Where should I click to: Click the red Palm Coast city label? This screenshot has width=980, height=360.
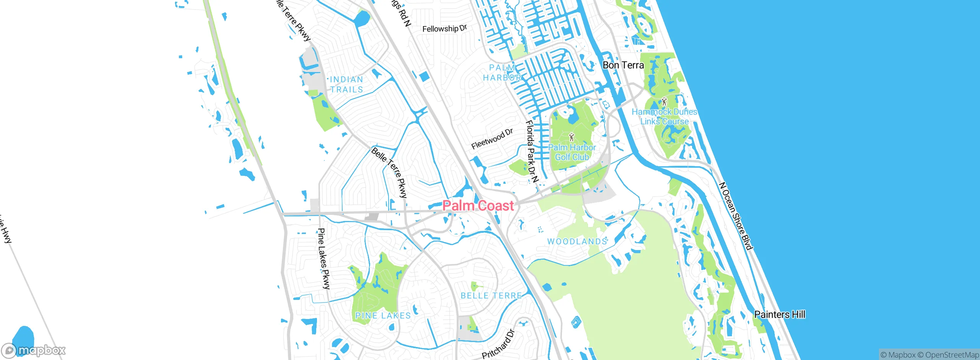(478, 206)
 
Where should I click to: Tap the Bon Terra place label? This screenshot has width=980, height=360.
(623, 65)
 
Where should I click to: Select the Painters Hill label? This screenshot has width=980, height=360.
(779, 314)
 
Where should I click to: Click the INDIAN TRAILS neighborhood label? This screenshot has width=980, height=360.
(346, 84)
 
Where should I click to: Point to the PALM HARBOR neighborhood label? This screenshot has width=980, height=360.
(502, 73)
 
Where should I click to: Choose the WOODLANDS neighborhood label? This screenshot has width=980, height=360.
(577, 242)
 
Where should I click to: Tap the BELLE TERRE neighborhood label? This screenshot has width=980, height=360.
(491, 296)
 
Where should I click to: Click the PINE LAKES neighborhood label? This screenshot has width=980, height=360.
(383, 316)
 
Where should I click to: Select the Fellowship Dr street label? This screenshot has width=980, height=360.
(444, 29)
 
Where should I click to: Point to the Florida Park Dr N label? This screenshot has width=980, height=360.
(532, 151)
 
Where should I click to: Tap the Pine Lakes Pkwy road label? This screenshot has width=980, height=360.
(323, 259)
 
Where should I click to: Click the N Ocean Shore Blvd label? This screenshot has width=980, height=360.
(736, 216)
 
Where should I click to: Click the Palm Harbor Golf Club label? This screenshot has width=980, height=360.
(572, 152)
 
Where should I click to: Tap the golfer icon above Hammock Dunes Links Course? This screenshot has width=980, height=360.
(664, 102)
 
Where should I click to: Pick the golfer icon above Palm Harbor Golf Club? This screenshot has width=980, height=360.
(572, 137)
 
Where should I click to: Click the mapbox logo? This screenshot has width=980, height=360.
(34, 350)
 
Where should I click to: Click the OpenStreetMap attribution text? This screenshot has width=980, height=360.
(952, 355)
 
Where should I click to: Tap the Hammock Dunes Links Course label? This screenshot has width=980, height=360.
(664, 116)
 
